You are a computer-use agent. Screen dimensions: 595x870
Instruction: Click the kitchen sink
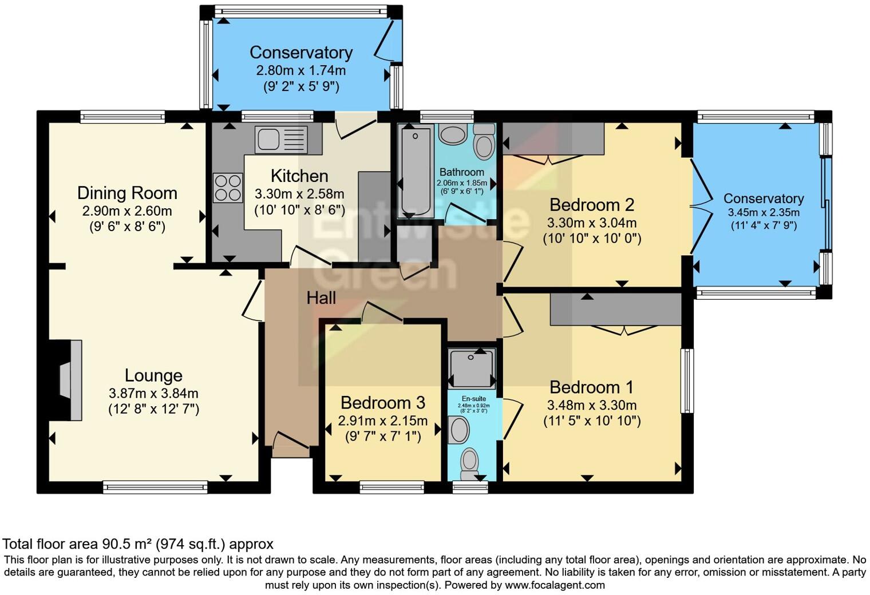point(280,140)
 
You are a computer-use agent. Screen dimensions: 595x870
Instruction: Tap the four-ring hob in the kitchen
point(227,188)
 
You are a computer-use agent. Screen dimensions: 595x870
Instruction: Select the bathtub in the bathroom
point(416,170)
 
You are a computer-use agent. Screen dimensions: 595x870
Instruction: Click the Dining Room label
point(127,193)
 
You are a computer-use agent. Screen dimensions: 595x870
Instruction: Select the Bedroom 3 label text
point(382,403)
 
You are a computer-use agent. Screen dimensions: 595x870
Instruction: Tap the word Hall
point(321,297)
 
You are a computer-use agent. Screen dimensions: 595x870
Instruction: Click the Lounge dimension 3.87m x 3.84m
point(153,394)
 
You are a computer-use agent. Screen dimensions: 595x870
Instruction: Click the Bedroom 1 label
point(591,387)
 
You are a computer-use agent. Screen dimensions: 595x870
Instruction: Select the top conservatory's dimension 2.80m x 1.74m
point(300,71)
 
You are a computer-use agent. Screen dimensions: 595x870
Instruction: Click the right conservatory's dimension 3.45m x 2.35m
point(764,212)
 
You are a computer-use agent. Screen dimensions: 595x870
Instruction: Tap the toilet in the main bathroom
point(484,143)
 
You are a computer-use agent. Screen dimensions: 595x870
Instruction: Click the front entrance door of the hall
point(291,442)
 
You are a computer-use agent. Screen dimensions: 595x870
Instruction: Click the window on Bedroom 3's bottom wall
point(392,487)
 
